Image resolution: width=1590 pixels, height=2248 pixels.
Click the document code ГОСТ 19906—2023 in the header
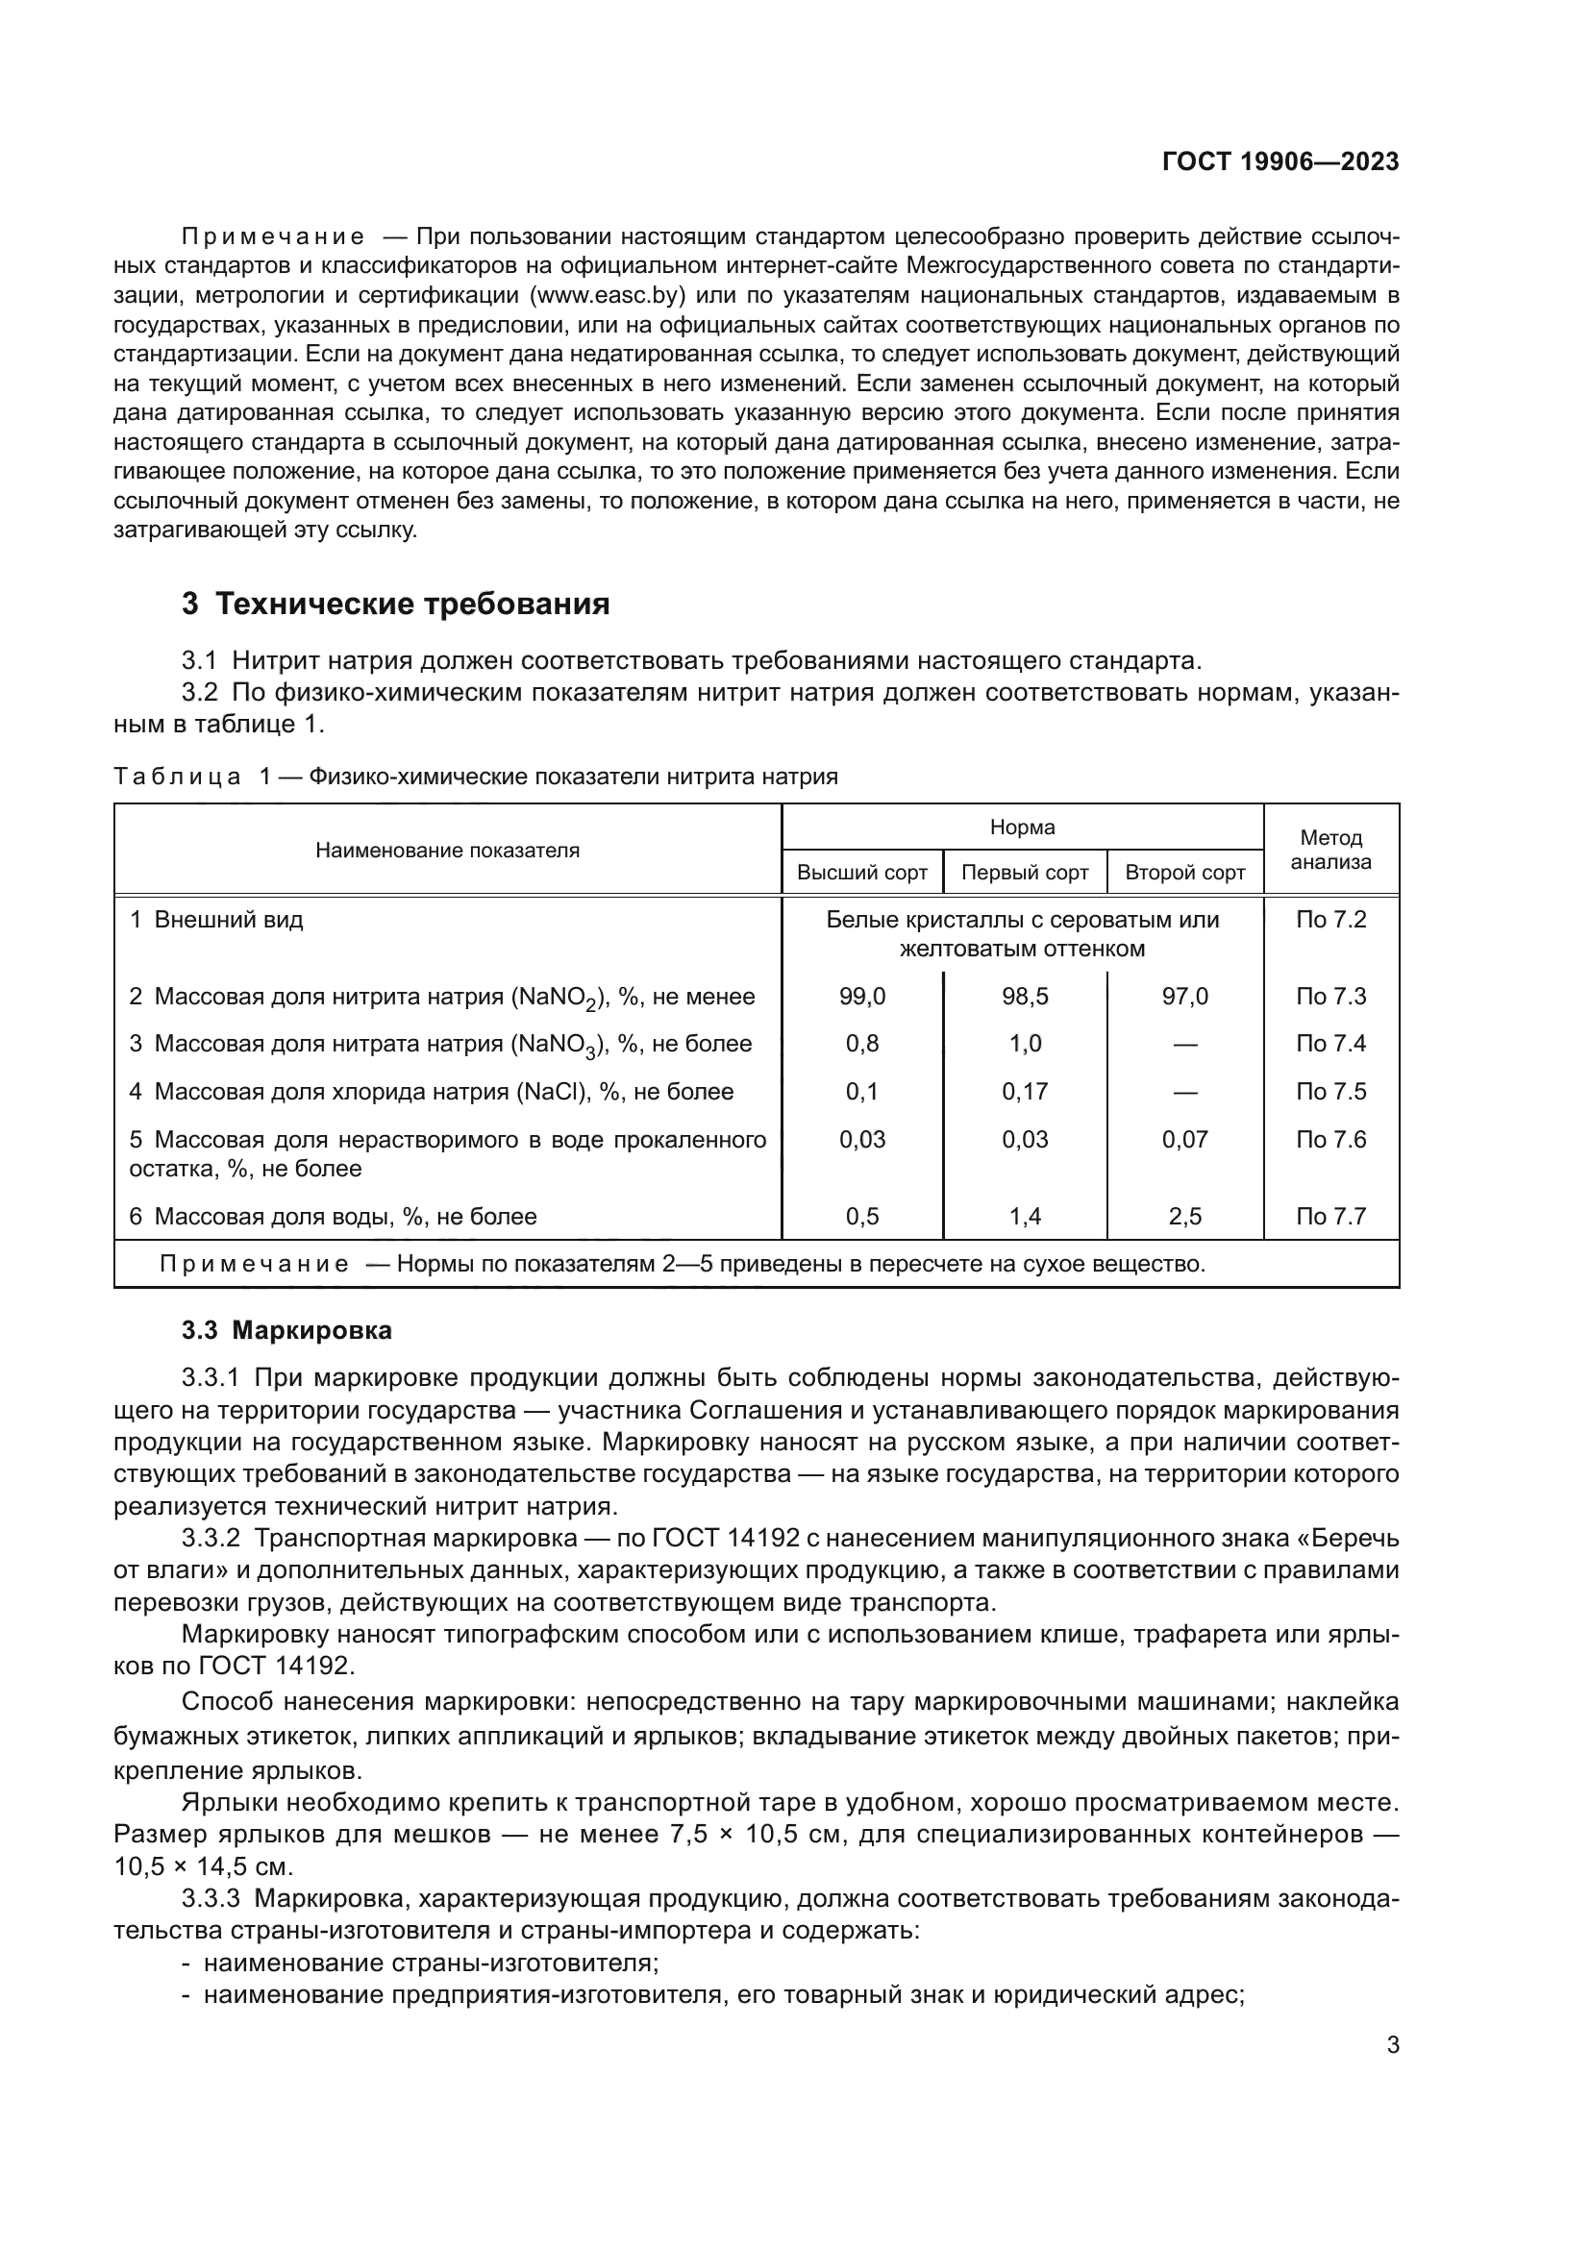(x=1279, y=161)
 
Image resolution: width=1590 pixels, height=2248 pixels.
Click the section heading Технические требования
(x=411, y=605)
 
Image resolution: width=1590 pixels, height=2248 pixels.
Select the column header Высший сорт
(x=861, y=873)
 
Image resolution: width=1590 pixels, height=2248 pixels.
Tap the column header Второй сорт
(x=1184, y=873)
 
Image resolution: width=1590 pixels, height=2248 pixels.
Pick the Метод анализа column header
(x=1330, y=850)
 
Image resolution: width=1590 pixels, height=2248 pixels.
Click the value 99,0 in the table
(x=861, y=997)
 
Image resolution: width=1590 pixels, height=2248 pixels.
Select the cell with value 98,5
(x=1024, y=997)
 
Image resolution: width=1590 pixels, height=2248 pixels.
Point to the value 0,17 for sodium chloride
(x=1024, y=1092)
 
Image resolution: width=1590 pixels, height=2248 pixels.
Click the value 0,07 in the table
(x=1184, y=1140)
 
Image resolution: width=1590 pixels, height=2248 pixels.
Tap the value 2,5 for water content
(x=1184, y=1217)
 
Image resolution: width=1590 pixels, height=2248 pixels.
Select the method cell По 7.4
(x=1330, y=1044)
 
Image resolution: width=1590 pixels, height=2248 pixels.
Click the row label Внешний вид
(x=228, y=921)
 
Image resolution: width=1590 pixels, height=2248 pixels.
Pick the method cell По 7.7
(x=1330, y=1217)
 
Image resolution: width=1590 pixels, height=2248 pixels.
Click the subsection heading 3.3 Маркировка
(x=286, y=1330)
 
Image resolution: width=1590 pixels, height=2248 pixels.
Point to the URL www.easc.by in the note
(x=607, y=296)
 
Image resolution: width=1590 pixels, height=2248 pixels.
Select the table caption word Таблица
(x=177, y=778)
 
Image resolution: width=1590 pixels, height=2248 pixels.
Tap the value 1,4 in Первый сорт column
(x=1024, y=1217)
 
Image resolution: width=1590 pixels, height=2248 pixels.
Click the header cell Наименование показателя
(x=447, y=851)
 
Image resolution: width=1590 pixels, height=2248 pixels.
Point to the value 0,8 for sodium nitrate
(x=861, y=1044)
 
